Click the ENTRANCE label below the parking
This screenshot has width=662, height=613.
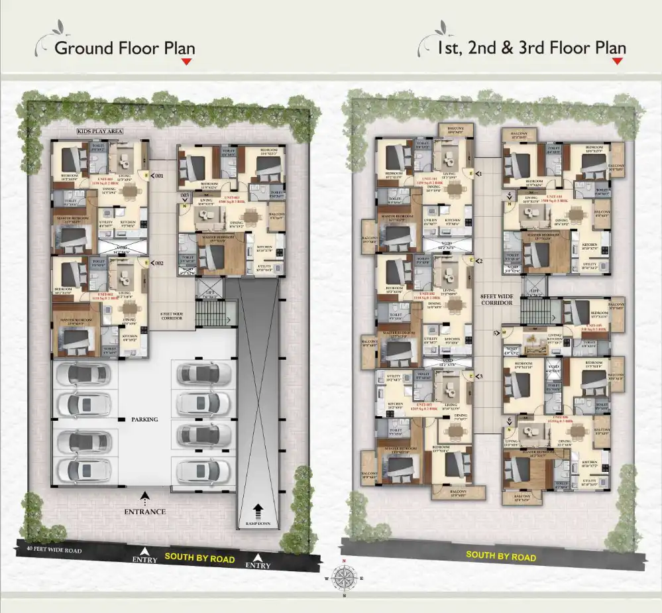(144, 512)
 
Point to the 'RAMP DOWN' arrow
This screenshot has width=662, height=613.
(257, 510)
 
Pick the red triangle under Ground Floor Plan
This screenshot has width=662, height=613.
(187, 62)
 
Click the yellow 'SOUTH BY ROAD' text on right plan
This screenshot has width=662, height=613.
(500, 555)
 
